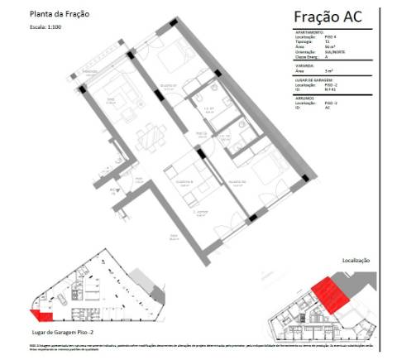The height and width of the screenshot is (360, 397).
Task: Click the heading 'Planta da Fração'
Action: tap(59, 15)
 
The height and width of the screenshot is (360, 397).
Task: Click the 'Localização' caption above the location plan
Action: tap(356, 260)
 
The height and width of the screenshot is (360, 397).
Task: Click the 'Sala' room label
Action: tap(110, 101)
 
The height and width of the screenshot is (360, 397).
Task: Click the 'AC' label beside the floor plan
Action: tap(114, 190)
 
